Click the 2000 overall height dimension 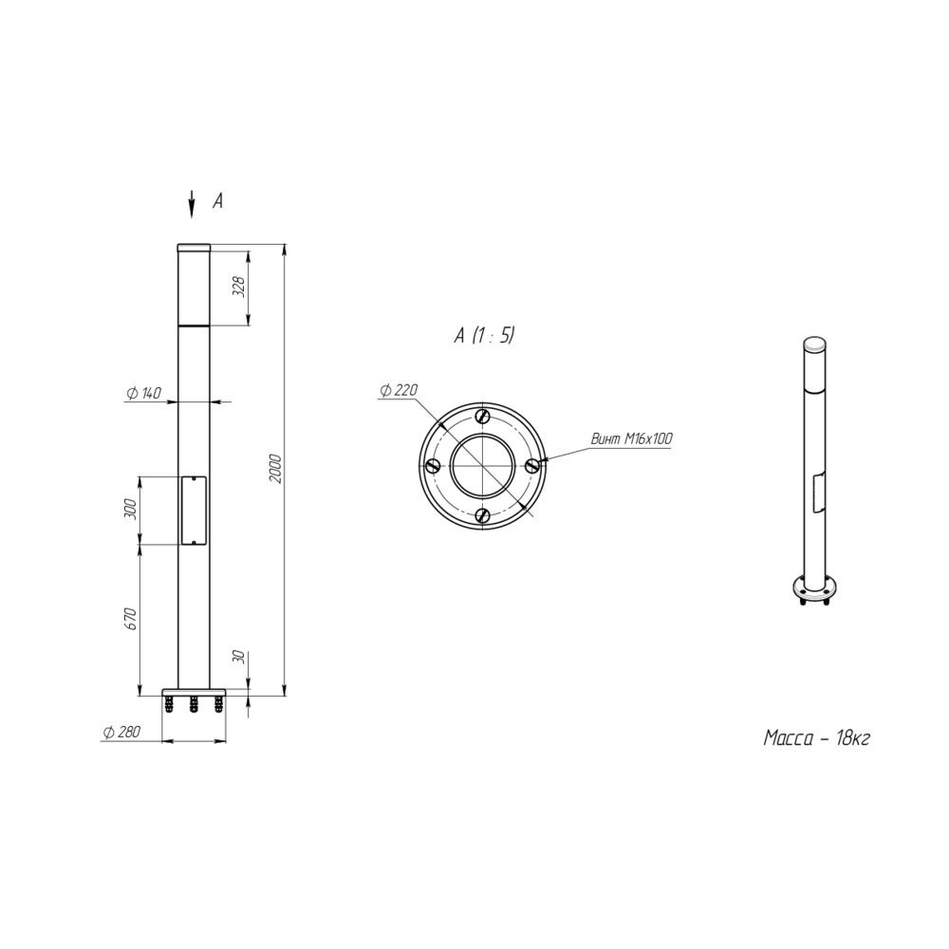click(x=275, y=467)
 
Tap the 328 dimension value click(x=240, y=287)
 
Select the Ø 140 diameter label click(x=144, y=394)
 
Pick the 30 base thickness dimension click(x=239, y=656)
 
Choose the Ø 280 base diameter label click(x=121, y=732)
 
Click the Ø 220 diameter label click(x=399, y=390)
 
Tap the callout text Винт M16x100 click(x=631, y=438)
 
